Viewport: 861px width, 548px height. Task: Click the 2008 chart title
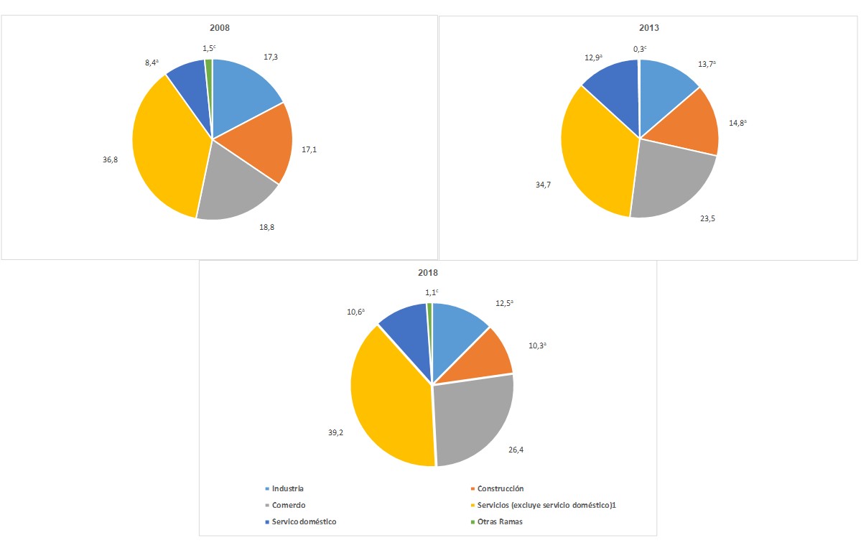[x=220, y=27]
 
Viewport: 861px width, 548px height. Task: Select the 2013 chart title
[x=649, y=28]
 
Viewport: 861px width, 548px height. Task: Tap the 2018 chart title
[x=428, y=272]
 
